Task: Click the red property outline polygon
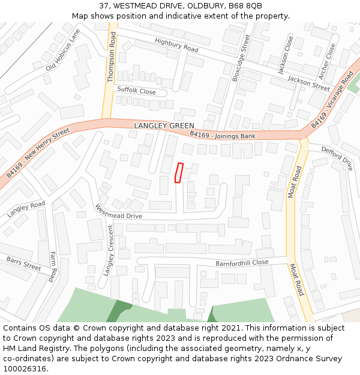(x=178, y=172)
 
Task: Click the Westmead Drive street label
(x=119, y=212)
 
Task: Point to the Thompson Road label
(x=112, y=57)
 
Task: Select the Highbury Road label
(x=176, y=44)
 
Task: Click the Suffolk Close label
(x=136, y=91)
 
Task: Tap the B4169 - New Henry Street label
(x=34, y=152)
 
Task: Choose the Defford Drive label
(x=337, y=158)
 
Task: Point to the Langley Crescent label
(x=109, y=250)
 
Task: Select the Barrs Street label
(x=24, y=263)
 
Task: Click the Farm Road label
(x=53, y=266)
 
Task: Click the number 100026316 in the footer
(x=25, y=369)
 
